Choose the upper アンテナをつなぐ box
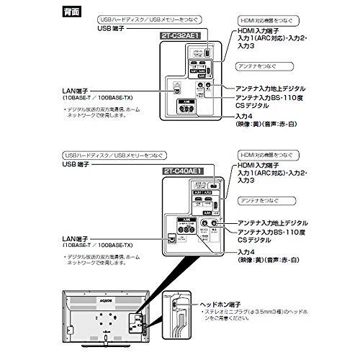tap(258, 66)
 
